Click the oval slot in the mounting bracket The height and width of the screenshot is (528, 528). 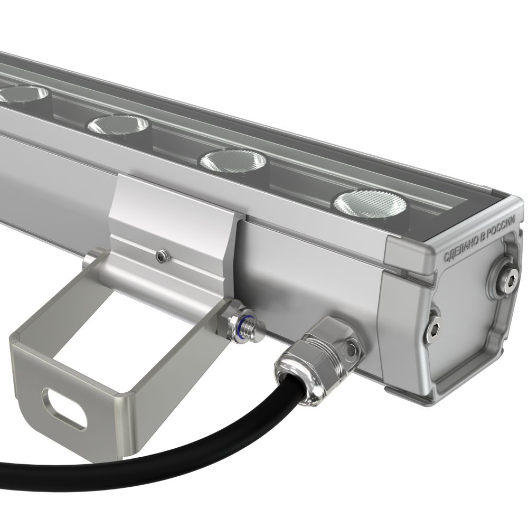pos(64,408)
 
